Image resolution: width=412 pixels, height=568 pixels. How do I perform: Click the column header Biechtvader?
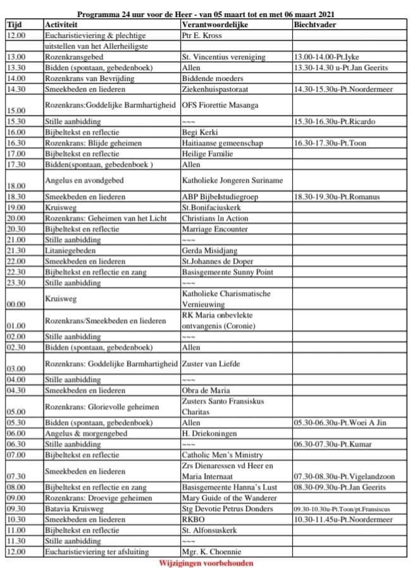pos(315,25)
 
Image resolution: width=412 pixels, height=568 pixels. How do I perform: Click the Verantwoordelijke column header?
pos(215,25)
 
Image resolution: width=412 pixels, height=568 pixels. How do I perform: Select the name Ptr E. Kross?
pos(201,35)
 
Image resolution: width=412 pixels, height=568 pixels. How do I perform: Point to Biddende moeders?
pos(208,79)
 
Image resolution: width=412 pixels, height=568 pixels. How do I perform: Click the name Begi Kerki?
pos(199,132)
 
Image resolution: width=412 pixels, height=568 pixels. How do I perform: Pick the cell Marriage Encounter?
pos(214,229)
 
